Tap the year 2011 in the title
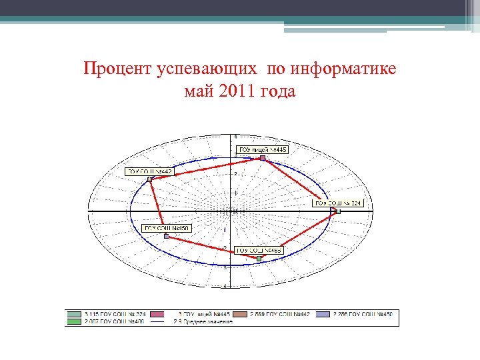point(231,91)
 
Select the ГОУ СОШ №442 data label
point(150,171)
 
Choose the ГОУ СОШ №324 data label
point(338,203)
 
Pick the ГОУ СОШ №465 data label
point(260,250)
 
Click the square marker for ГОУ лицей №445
point(263,158)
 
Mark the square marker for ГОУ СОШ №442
point(150,179)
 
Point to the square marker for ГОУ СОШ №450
point(167,236)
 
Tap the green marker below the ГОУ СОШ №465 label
point(259,258)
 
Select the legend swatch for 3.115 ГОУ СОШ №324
point(74,314)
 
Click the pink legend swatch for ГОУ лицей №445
point(157,314)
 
